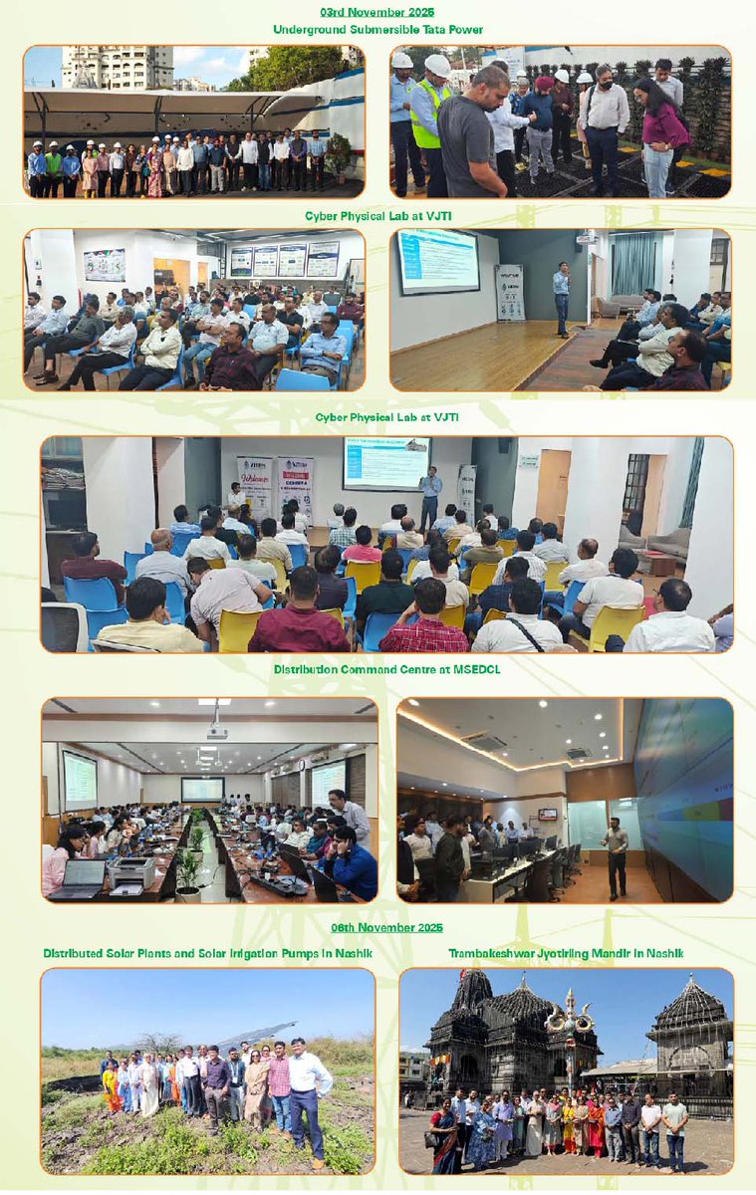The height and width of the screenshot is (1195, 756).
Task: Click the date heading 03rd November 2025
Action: (x=378, y=12)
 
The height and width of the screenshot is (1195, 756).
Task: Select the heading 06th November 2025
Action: (x=378, y=927)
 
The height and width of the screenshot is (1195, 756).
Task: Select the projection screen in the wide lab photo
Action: (x=386, y=463)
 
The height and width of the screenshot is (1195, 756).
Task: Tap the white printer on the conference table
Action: (x=133, y=870)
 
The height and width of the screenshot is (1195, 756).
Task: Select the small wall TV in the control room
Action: (x=548, y=814)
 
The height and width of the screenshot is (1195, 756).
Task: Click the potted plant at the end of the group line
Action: (x=339, y=154)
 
